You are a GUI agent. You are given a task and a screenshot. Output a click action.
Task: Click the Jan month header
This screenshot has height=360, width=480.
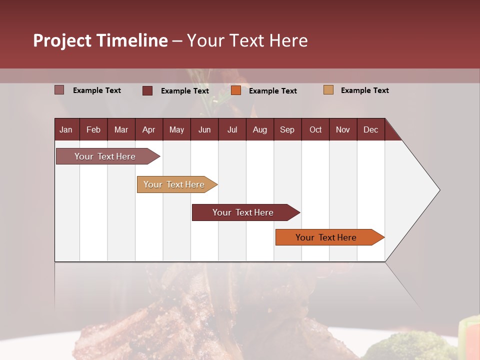(x=66, y=129)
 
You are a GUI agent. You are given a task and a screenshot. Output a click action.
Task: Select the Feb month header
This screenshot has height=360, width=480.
(x=93, y=129)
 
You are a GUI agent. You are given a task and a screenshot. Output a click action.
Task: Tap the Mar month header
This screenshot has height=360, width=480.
(x=121, y=129)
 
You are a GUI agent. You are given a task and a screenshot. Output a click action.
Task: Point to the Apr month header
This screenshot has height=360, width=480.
(x=148, y=129)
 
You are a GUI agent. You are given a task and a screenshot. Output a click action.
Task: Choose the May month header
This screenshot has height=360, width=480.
(x=176, y=129)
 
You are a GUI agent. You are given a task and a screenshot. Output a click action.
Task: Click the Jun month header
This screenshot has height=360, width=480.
(x=204, y=129)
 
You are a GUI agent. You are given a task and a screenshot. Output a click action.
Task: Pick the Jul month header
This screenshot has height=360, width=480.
(x=232, y=129)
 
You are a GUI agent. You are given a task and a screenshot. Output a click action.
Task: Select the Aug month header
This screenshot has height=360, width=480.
(x=259, y=129)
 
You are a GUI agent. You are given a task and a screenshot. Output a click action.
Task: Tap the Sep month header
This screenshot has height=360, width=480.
(x=287, y=129)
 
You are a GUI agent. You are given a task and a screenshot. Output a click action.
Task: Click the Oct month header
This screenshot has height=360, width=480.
(x=315, y=129)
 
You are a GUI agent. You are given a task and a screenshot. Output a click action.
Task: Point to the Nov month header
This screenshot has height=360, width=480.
(x=343, y=129)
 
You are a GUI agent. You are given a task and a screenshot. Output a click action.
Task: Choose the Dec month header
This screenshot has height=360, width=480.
(x=370, y=129)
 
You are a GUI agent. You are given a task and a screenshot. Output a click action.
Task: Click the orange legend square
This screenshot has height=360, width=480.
(x=236, y=90)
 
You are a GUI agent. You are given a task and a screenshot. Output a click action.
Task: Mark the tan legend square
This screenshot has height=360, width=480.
(x=328, y=90)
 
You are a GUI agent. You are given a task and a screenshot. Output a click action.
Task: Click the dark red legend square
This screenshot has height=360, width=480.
(x=147, y=90)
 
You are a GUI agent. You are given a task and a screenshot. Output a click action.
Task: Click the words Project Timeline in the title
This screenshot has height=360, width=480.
(x=100, y=40)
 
